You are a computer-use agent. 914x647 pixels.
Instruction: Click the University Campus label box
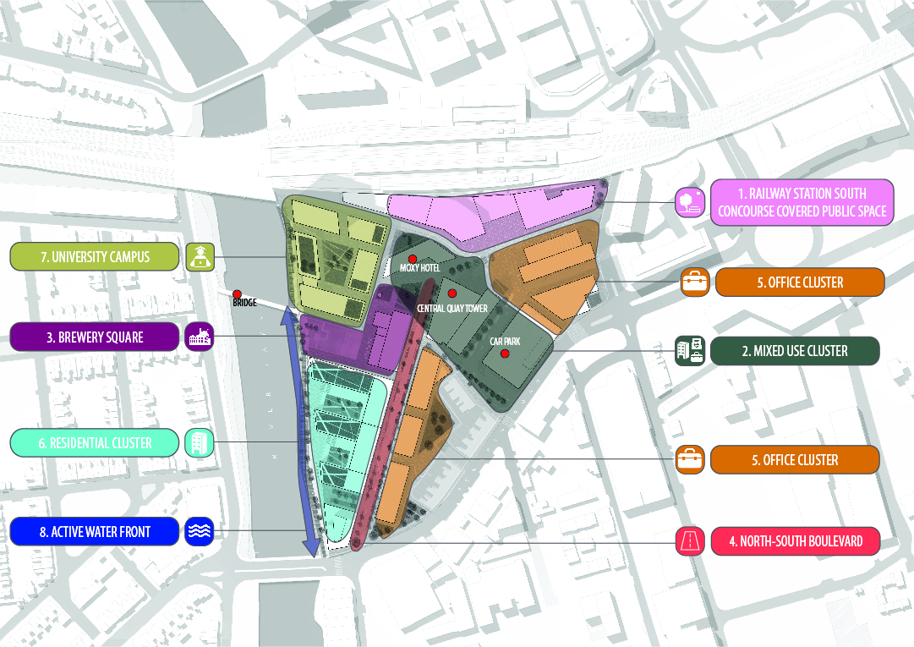pyautogui.click(x=95, y=256)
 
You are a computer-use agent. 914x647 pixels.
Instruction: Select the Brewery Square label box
pyautogui.click(x=95, y=337)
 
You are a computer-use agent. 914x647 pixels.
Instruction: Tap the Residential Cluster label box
pyautogui.click(x=95, y=442)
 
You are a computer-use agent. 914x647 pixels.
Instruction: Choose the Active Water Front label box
pyautogui.click(x=95, y=532)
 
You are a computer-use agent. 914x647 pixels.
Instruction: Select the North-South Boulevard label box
pyautogui.click(x=794, y=540)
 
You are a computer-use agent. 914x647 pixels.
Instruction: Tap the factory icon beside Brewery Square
pyautogui.click(x=200, y=337)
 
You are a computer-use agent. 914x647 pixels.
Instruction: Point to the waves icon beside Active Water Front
pyautogui.click(x=200, y=531)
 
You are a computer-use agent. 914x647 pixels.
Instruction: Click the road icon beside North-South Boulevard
pyautogui.click(x=690, y=540)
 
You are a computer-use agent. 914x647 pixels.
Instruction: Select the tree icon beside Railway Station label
pyautogui.click(x=690, y=201)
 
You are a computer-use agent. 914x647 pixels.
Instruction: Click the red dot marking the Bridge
pyautogui.click(x=238, y=293)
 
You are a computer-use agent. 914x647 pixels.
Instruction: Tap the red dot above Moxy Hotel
pyautogui.click(x=413, y=258)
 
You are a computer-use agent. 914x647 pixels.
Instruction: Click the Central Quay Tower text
pyautogui.click(x=452, y=309)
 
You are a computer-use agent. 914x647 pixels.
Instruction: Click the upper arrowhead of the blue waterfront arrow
pyautogui.click(x=288, y=315)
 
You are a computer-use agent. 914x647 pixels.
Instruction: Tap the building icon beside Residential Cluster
pyautogui.click(x=200, y=442)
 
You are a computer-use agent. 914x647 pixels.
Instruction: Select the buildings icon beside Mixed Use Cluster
pyautogui.click(x=690, y=351)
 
